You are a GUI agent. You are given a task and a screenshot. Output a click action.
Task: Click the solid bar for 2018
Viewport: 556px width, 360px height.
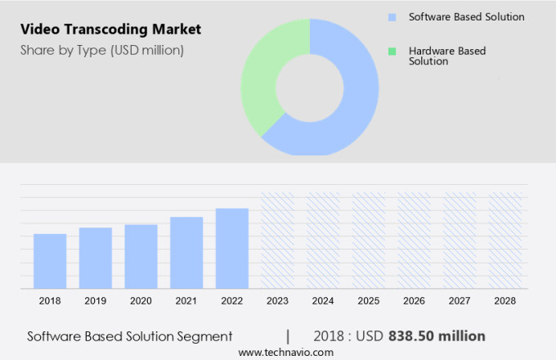click(50, 261)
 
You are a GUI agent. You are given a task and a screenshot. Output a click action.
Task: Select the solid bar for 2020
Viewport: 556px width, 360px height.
click(141, 256)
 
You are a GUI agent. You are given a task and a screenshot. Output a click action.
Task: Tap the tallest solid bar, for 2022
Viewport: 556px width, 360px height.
click(231, 248)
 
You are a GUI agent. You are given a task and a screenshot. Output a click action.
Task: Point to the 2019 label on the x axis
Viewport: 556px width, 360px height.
click(96, 301)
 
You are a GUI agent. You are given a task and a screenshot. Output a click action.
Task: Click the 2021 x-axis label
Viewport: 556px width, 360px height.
click(186, 301)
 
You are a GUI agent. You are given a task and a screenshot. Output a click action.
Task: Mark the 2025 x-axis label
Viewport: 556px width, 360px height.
click(368, 301)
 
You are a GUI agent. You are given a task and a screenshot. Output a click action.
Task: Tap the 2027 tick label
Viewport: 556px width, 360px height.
click(460, 301)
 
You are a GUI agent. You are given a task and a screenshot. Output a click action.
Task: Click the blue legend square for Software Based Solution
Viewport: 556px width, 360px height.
click(392, 16)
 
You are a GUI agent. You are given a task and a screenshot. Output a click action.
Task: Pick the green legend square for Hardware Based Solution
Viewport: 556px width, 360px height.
click(392, 52)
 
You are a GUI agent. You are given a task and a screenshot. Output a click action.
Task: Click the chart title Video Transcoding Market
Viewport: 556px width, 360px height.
click(110, 29)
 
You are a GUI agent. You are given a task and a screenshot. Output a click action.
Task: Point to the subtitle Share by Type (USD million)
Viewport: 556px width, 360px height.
click(102, 50)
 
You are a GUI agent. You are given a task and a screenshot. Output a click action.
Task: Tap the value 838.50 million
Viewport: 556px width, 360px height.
click(437, 336)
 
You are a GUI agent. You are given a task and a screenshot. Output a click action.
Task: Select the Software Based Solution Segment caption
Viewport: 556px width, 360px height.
click(130, 336)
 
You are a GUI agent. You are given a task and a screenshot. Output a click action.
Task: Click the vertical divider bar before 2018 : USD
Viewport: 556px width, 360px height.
click(288, 336)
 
